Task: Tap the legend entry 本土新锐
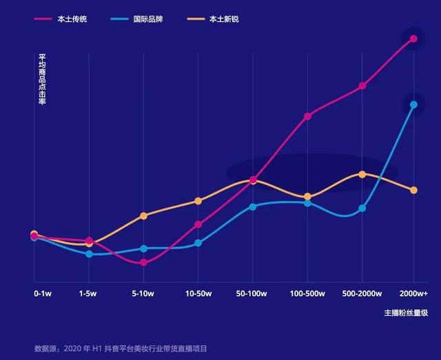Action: [224, 19]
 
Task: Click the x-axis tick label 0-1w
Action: [43, 293]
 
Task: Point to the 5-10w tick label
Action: [143, 293]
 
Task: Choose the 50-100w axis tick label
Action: [252, 293]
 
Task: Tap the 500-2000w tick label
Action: [362, 293]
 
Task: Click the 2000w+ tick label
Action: [413, 293]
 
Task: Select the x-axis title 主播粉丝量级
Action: [406, 313]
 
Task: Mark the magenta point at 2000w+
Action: [413, 39]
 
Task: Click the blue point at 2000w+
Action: [413, 105]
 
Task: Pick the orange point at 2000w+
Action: [413, 190]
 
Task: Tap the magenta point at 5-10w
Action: [143, 263]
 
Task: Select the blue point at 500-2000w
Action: [362, 209]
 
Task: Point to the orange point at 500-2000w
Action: [362, 174]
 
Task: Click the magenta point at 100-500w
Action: [307, 116]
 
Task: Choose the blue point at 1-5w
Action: [89, 254]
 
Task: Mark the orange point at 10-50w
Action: [198, 201]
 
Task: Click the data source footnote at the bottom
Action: [121, 348]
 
